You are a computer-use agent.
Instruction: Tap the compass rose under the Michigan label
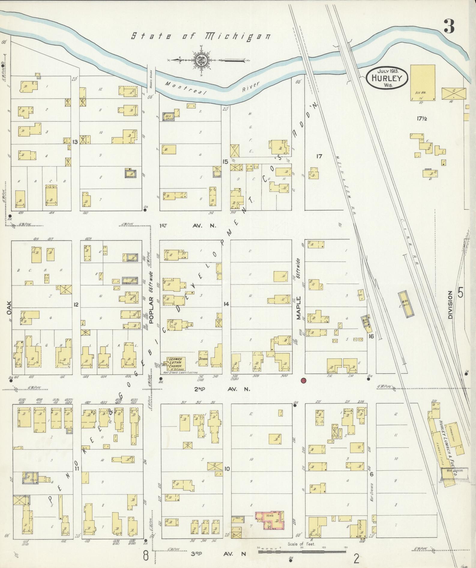coord(200,60)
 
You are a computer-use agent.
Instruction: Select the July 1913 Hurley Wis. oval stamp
coord(387,78)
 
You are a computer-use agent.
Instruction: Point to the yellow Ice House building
coord(423,82)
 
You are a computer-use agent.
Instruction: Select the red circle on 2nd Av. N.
coord(304,380)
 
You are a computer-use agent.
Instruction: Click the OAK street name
coord(9,308)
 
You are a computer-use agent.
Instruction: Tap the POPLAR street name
coord(151,308)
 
